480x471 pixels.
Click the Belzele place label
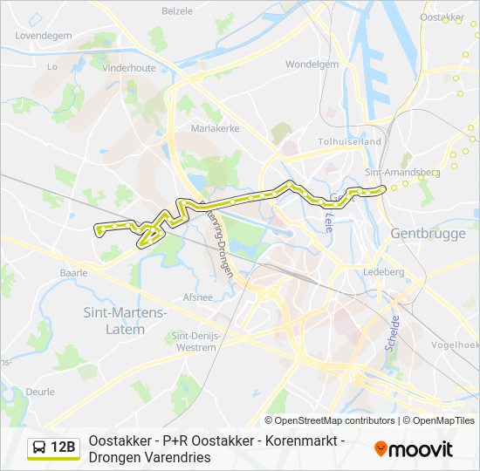(178, 11)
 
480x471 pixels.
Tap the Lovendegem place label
(43, 36)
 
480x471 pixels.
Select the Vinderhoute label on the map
(127, 66)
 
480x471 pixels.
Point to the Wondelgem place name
(312, 64)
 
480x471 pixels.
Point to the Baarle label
(73, 273)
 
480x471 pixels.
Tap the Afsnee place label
(198, 297)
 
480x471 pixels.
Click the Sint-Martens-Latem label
(125, 319)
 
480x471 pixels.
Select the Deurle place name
(39, 392)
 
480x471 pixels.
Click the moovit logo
(414, 449)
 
